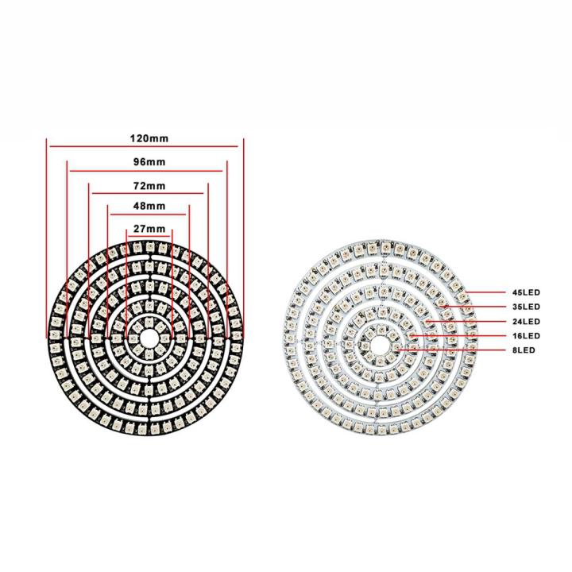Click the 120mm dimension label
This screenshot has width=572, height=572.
[149, 137]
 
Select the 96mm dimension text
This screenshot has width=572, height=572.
[149, 162]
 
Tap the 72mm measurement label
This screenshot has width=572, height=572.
[149, 186]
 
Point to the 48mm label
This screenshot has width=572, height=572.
[149, 206]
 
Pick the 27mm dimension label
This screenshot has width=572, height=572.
[149, 229]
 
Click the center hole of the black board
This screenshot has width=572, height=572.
[149, 335]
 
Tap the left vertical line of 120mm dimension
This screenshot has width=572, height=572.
[47, 238]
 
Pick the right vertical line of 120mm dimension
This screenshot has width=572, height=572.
[242, 238]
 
